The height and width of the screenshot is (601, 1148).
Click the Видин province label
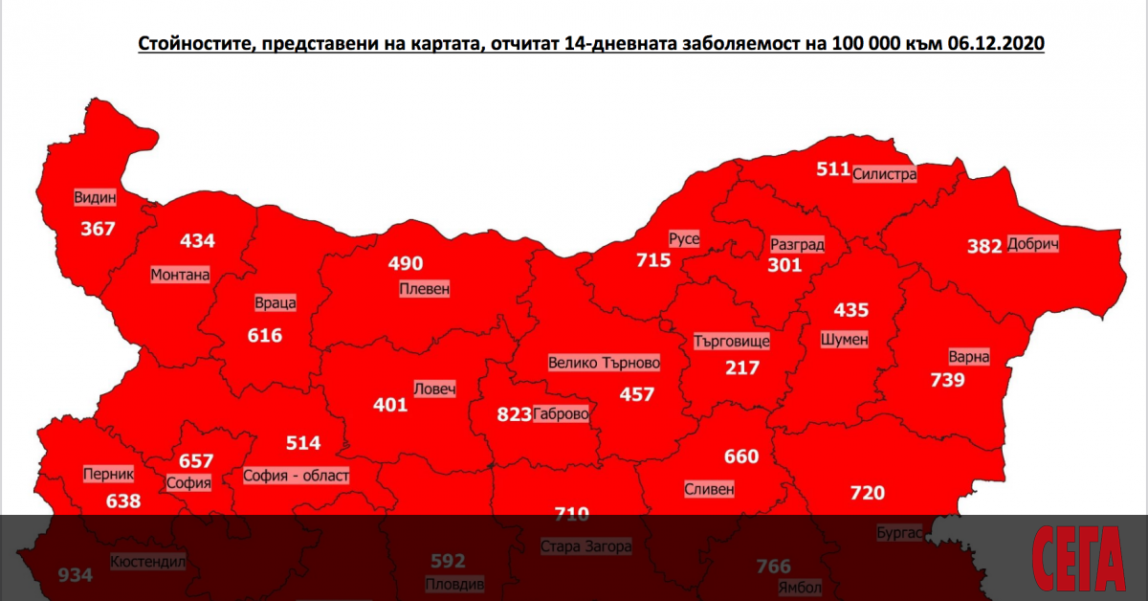pyautogui.click(x=95, y=198)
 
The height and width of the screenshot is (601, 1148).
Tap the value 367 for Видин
pyautogui.click(x=98, y=229)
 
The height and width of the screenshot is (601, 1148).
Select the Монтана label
pyautogui.click(x=180, y=275)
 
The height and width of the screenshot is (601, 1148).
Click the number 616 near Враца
pyautogui.click(x=265, y=335)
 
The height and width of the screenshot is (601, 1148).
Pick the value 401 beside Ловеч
pyautogui.click(x=390, y=405)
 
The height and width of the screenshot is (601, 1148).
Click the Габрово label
pyautogui.click(x=562, y=414)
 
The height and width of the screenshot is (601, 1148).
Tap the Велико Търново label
pyautogui.click(x=604, y=363)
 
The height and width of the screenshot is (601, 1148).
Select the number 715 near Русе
pyautogui.click(x=653, y=259)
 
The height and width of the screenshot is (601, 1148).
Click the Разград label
pyautogui.click(x=797, y=244)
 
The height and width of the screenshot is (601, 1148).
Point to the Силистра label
pyautogui.click(x=885, y=174)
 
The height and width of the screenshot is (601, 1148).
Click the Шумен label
pyautogui.click(x=845, y=339)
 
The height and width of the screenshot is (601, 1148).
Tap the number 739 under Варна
pyautogui.click(x=948, y=380)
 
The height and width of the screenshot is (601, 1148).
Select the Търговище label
pyautogui.click(x=733, y=342)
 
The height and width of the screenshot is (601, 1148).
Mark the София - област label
pyautogui.click(x=297, y=475)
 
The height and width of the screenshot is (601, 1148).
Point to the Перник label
pyautogui.click(x=109, y=474)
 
